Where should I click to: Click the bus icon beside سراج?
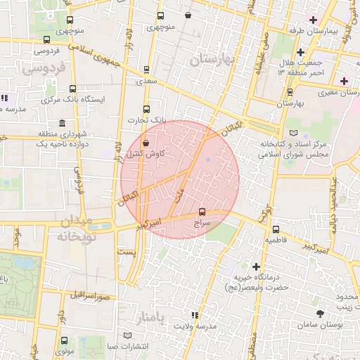click(x=202, y=210)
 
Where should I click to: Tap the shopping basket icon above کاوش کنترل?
click(x=146, y=143)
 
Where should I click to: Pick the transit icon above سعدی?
click(x=146, y=70)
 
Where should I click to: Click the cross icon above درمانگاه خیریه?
click(x=256, y=266)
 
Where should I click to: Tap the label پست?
click(x=127, y=251)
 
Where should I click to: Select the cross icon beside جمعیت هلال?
click(x=300, y=51)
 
